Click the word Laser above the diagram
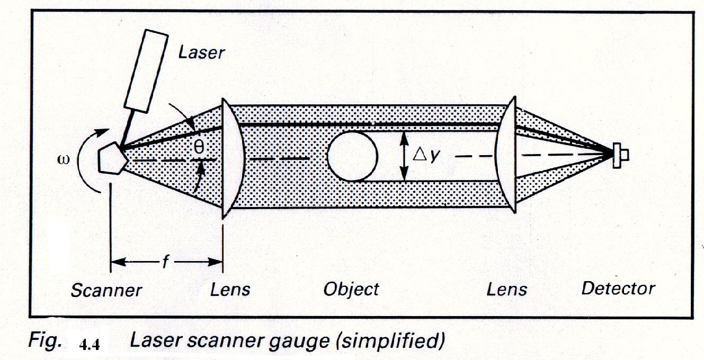click(x=201, y=52)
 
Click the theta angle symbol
click(x=198, y=148)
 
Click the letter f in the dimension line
click(x=165, y=262)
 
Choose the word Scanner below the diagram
click(x=106, y=290)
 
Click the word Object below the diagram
click(x=351, y=289)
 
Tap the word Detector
click(x=618, y=289)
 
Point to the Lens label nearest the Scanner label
click(x=230, y=290)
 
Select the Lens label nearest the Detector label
click(x=507, y=289)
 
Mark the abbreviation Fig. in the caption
click(x=45, y=342)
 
